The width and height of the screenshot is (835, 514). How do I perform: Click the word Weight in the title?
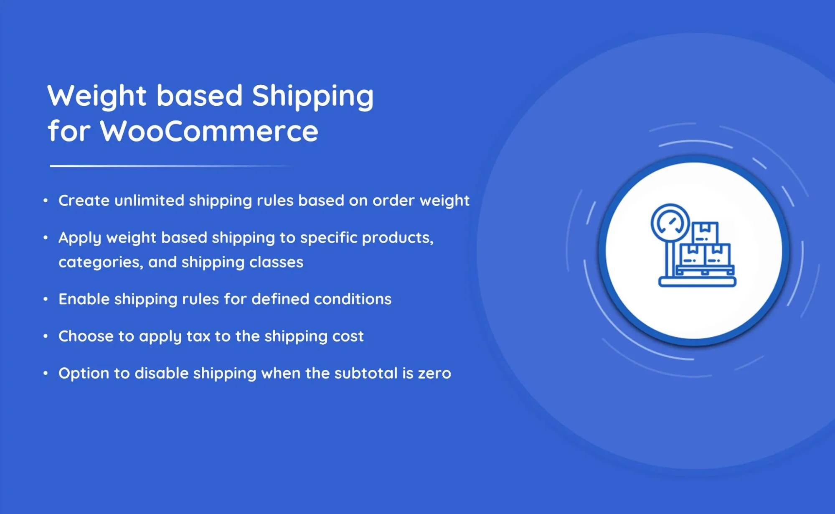coord(97,96)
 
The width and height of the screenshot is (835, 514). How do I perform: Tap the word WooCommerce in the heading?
coord(209,131)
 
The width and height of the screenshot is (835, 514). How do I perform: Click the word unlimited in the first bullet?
coord(149,200)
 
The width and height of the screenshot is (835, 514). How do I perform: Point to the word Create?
coord(84,201)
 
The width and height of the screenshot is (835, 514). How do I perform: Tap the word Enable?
coord(84,299)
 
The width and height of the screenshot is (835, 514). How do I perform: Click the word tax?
coord(198,336)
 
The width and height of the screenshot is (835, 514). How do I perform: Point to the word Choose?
coord(86,336)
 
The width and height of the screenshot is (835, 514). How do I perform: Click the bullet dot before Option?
coord(46,373)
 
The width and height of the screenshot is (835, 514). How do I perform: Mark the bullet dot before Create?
coord(46,201)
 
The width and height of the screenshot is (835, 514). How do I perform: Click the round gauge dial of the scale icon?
coord(670,223)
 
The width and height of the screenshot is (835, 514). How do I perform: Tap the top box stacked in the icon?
coord(705,232)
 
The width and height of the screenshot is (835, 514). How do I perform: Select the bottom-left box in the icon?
coord(693,255)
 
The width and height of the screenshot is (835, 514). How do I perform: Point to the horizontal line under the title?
coord(171,166)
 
